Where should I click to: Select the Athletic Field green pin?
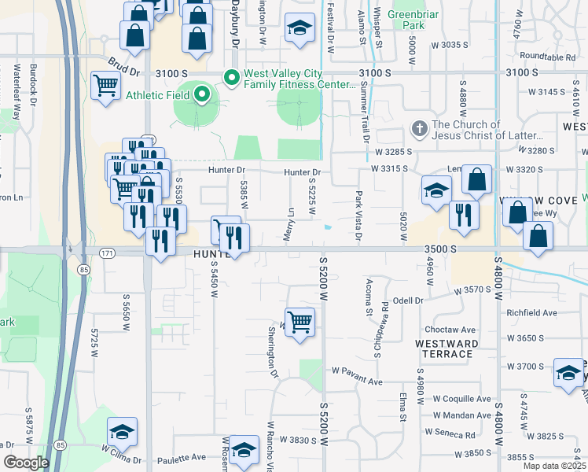point(202,95)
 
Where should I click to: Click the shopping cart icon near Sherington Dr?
point(300,322)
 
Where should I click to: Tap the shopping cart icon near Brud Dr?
point(105,85)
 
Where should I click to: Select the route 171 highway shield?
point(107,253)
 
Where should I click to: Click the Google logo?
point(25,463)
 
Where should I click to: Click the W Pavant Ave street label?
point(356,370)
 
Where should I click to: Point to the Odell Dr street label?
point(408,301)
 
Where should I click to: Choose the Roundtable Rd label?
point(547,57)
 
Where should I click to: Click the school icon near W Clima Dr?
point(122,431)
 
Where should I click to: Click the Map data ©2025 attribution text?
point(554,466)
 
